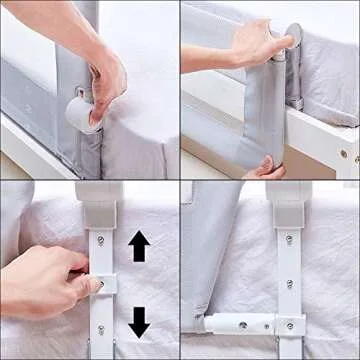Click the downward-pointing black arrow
[139, 321]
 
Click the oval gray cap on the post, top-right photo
[293, 36]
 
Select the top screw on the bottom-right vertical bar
[288, 240]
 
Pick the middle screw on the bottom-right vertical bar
[288, 283]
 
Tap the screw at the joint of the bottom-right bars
[288, 325]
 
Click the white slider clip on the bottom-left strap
[102, 284]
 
